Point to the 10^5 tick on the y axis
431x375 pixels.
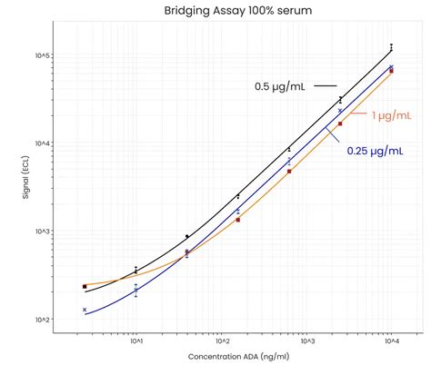(x=43, y=55)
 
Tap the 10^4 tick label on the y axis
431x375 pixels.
(x=43, y=143)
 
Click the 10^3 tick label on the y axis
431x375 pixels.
(x=43, y=232)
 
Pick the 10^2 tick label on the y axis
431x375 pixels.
(x=43, y=320)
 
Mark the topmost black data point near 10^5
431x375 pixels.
(x=391, y=45)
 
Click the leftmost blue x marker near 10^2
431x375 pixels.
(x=85, y=310)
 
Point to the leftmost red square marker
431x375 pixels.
(x=85, y=286)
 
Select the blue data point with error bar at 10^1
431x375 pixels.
(x=136, y=291)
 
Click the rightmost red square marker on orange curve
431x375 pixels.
(x=391, y=70)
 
